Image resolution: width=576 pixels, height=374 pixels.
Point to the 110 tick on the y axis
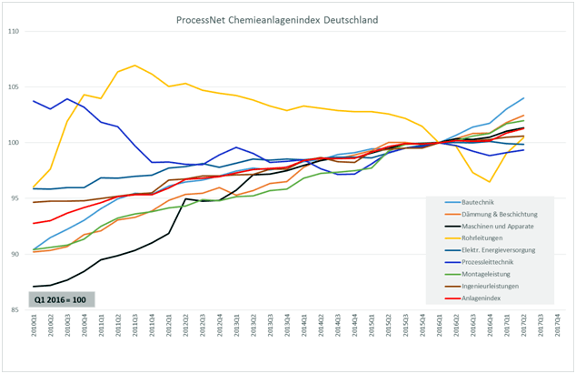point(15,32)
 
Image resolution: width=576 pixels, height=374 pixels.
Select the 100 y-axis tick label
point(15,143)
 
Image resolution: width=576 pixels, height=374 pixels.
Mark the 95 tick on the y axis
point(15,198)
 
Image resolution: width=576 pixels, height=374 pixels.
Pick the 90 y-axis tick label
point(15,254)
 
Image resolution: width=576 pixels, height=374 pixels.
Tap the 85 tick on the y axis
point(15,309)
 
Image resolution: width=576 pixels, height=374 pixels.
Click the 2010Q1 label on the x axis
point(35,329)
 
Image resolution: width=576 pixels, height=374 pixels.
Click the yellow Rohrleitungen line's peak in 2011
point(134,66)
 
